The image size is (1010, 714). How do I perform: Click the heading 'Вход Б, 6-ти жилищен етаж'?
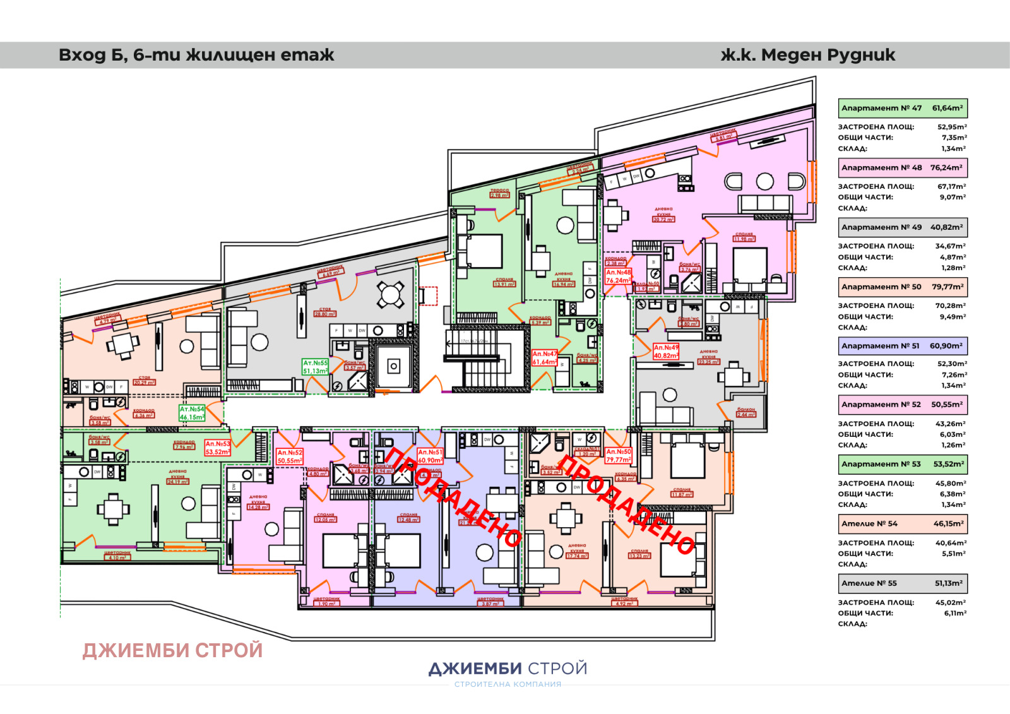point(196,55)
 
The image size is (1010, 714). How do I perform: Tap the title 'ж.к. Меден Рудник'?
point(808,55)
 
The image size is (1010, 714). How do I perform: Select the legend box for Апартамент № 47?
point(903,108)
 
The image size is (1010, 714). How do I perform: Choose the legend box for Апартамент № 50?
point(903,287)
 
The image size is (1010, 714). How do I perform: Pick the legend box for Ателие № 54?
point(903,523)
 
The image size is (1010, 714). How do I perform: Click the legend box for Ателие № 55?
point(903,583)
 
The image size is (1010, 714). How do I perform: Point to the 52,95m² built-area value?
point(952,127)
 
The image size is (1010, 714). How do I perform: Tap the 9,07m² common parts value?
point(953,197)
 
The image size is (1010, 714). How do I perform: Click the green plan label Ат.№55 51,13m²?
point(316,367)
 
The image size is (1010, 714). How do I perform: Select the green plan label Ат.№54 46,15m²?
point(192,413)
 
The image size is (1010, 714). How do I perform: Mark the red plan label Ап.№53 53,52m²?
point(218,448)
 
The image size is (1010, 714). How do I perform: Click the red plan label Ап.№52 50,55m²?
point(290,456)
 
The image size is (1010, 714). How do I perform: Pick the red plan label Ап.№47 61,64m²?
point(544,358)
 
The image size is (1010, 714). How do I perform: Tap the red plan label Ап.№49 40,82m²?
point(666,352)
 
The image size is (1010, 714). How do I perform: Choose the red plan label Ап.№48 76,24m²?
point(618,277)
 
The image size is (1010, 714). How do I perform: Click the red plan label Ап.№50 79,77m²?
point(619,455)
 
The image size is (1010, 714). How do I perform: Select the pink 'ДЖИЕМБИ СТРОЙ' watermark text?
point(172,650)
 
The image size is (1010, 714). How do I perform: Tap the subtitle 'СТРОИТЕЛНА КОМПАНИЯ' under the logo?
point(508,684)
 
